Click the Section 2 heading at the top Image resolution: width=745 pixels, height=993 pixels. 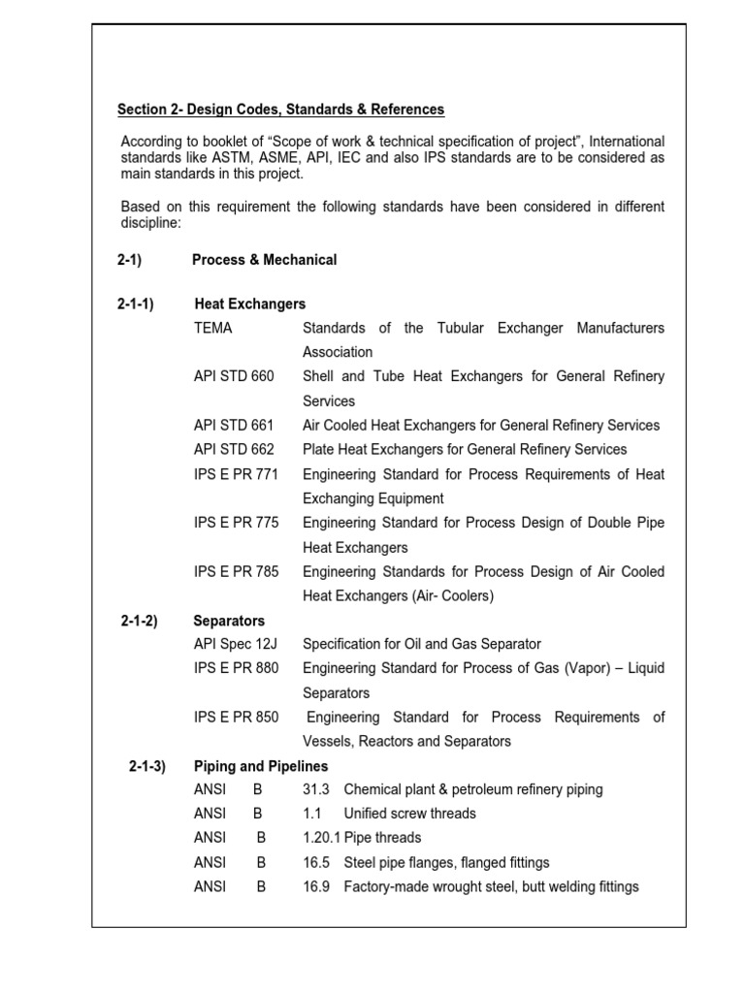point(280,110)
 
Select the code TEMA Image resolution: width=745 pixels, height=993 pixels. point(213,328)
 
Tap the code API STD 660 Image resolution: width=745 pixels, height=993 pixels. point(234,376)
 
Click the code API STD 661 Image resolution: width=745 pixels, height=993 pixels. point(234,425)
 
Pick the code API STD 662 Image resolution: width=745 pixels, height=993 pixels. point(234,449)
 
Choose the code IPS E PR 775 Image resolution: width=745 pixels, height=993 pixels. point(236,523)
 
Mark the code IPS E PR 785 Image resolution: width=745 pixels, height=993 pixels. point(236,571)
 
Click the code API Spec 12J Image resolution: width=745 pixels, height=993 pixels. point(235,644)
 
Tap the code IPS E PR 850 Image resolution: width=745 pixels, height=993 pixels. point(236,718)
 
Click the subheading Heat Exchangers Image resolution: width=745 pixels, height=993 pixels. point(250,304)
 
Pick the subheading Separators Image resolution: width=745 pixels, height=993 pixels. point(229,621)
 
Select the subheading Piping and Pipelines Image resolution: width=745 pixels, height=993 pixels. point(261,766)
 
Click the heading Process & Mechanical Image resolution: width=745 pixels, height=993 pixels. point(265,260)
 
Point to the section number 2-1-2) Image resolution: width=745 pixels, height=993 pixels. point(140,621)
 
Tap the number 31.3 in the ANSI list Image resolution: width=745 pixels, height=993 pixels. point(317,789)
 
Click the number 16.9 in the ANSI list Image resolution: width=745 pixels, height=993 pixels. point(317,886)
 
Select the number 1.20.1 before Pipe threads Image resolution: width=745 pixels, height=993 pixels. point(322,838)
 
